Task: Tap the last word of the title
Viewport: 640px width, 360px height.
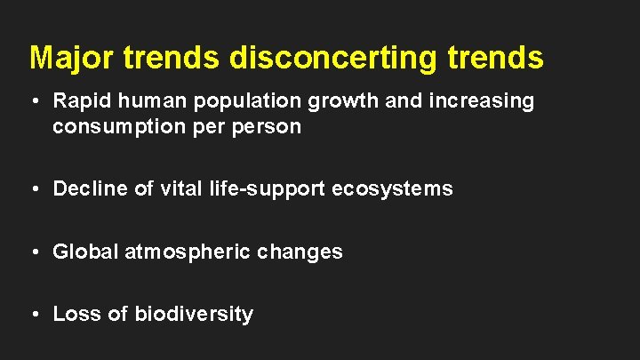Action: pos(500,57)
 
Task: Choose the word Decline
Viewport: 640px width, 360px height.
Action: pos(84,188)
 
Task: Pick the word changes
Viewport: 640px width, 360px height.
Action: pos(300,252)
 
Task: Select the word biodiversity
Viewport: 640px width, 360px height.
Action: pos(194,314)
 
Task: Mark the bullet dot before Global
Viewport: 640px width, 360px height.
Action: pos(34,252)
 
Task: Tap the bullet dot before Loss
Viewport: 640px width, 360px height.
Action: pos(34,315)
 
